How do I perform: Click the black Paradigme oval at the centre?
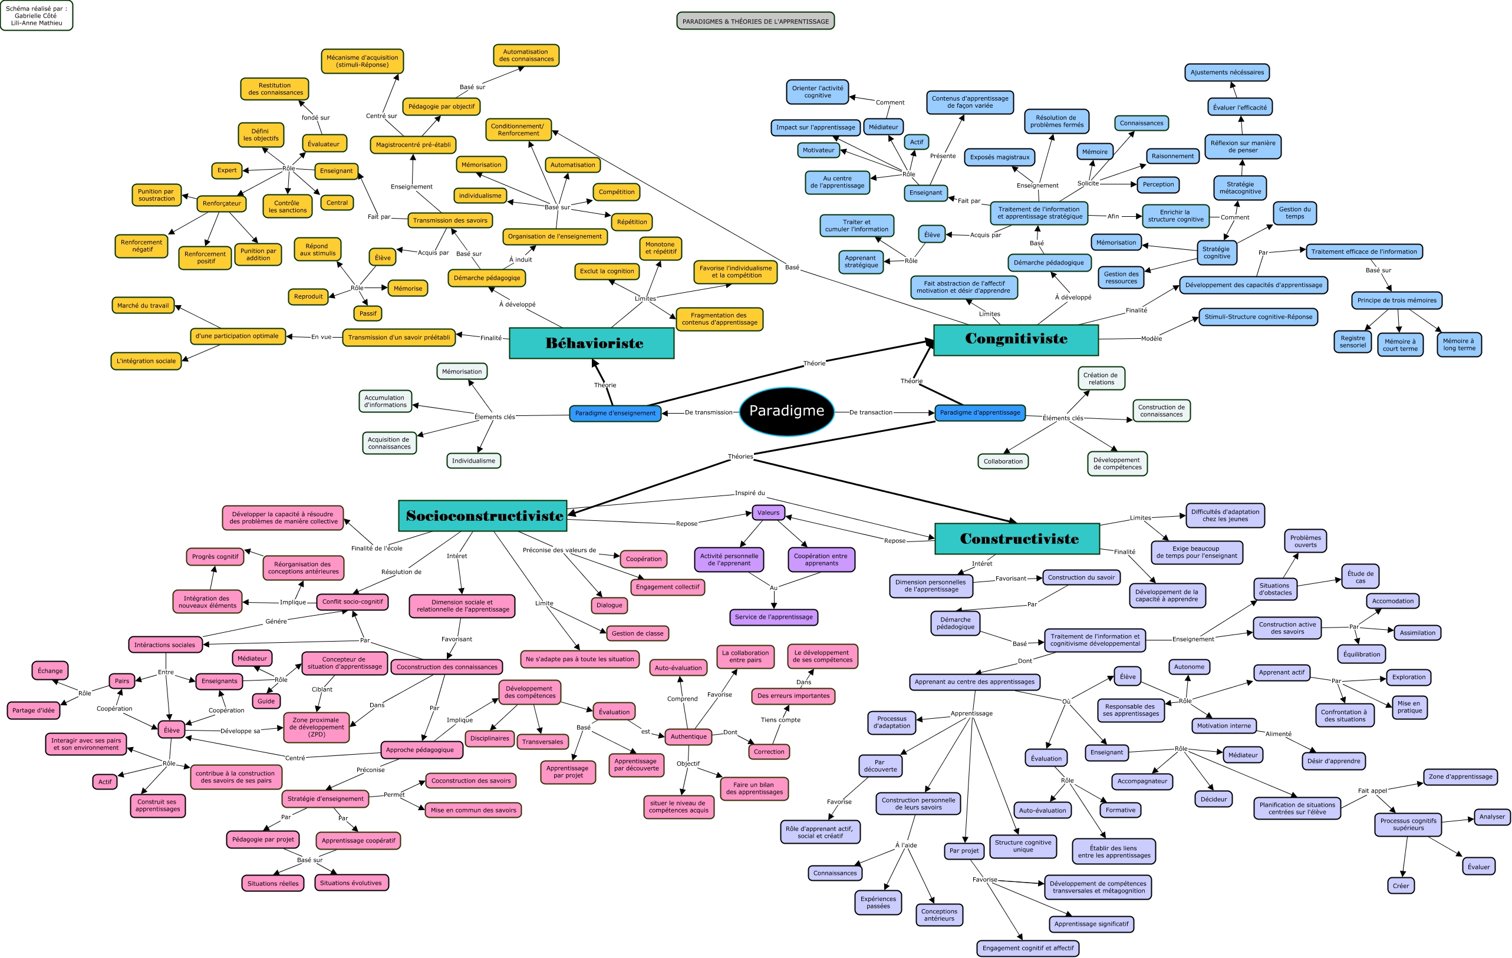[786, 411]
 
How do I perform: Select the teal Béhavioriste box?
[591, 343]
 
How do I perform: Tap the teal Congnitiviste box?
[1016, 339]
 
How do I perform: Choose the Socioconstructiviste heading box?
[483, 516]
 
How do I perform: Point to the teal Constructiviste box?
[1017, 539]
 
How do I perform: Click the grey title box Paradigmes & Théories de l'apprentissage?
[755, 21]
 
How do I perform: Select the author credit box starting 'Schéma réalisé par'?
[37, 16]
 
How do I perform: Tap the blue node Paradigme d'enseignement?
[615, 413]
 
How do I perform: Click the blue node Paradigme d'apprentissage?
[980, 412]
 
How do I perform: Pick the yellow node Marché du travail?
[143, 306]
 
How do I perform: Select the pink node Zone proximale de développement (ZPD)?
[317, 727]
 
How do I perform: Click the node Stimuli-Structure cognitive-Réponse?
[1258, 317]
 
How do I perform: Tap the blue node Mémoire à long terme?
[1458, 345]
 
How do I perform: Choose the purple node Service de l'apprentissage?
[773, 617]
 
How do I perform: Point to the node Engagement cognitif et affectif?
[1028, 948]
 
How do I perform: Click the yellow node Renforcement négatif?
[141, 246]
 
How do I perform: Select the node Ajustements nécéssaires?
[1227, 72]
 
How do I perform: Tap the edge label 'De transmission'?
[709, 412]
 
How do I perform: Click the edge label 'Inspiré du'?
[750, 493]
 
